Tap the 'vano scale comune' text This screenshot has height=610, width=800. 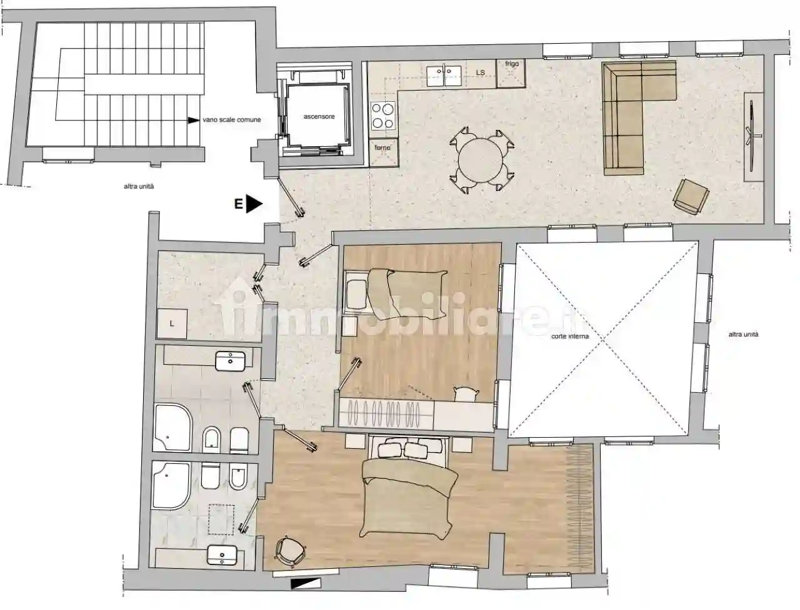click(x=231, y=120)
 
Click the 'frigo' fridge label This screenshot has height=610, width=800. click(x=511, y=64)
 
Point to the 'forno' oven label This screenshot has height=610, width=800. click(x=382, y=148)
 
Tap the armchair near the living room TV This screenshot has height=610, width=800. click(x=691, y=195)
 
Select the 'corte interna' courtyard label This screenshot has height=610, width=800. click(x=568, y=337)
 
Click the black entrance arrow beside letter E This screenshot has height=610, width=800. click(x=254, y=204)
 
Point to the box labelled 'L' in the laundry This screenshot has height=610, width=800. click(x=172, y=325)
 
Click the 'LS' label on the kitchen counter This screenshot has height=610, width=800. click(x=481, y=73)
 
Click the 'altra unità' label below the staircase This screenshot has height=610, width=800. click(x=139, y=187)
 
